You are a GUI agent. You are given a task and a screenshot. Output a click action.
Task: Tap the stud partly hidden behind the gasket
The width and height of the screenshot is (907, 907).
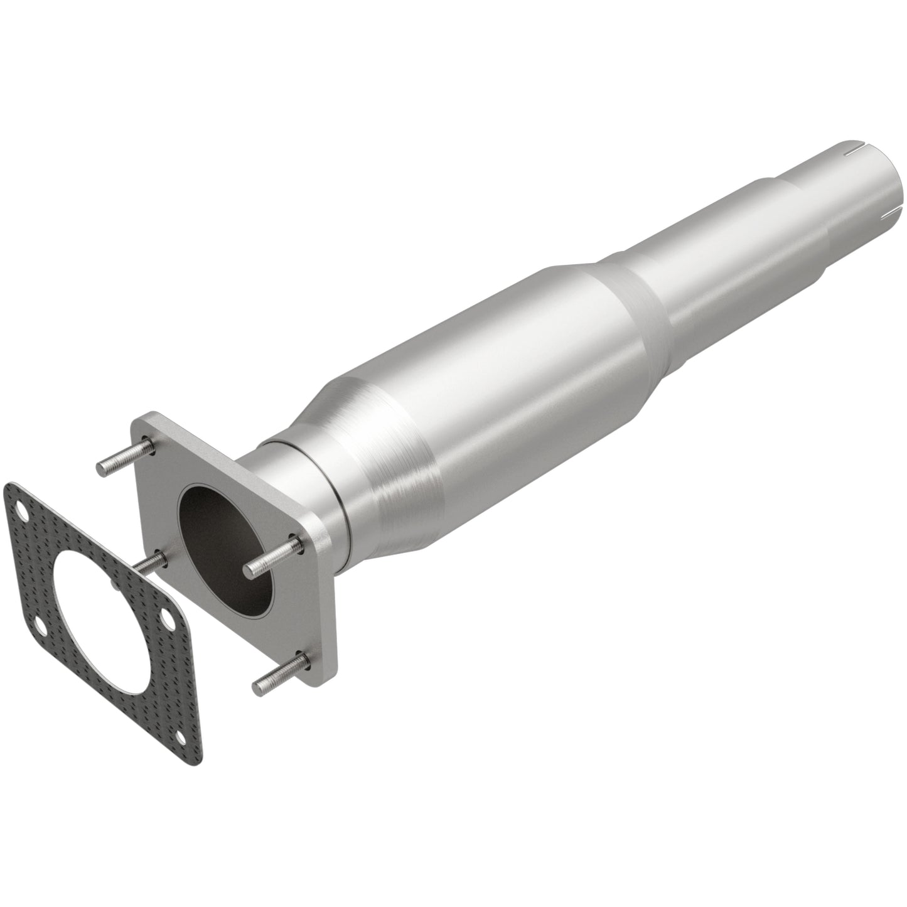pos(151,562)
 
